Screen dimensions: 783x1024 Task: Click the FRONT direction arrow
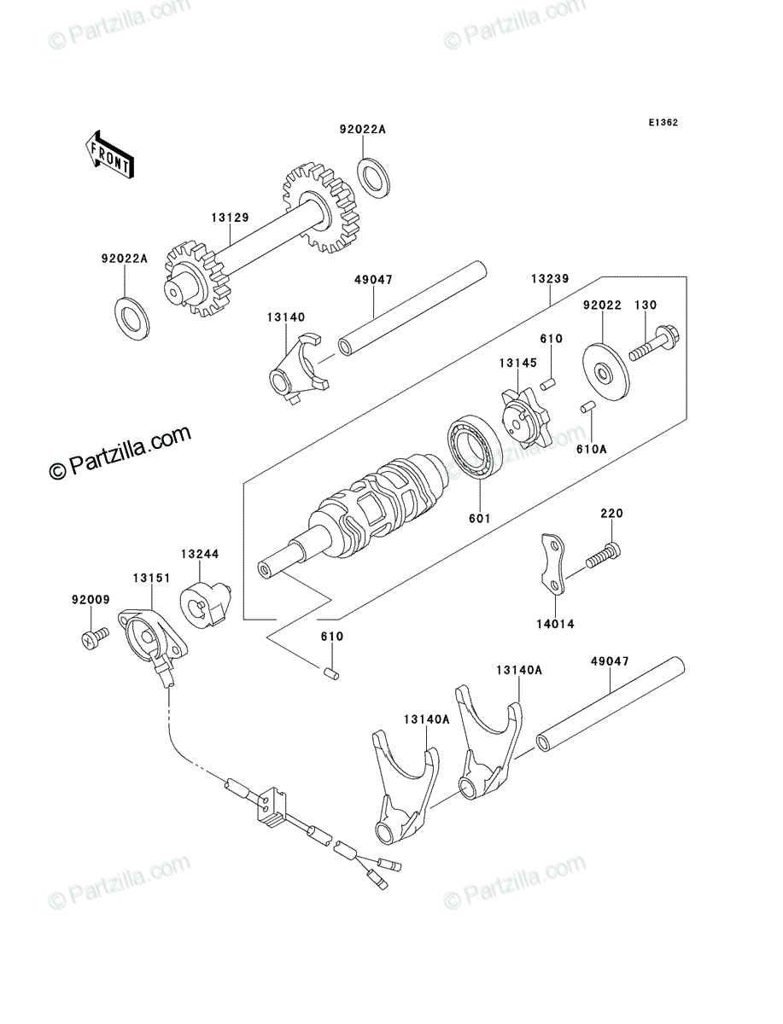[109, 154]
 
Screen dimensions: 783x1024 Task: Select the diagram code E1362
[663, 123]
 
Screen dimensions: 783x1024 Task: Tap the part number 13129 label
[230, 218]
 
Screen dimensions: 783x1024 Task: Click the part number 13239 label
[550, 279]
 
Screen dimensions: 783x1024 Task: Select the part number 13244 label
[200, 554]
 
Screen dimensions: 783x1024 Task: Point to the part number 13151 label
[152, 578]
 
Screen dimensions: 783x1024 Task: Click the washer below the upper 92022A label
[375, 177]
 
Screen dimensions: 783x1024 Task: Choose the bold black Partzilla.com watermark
[120, 451]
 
